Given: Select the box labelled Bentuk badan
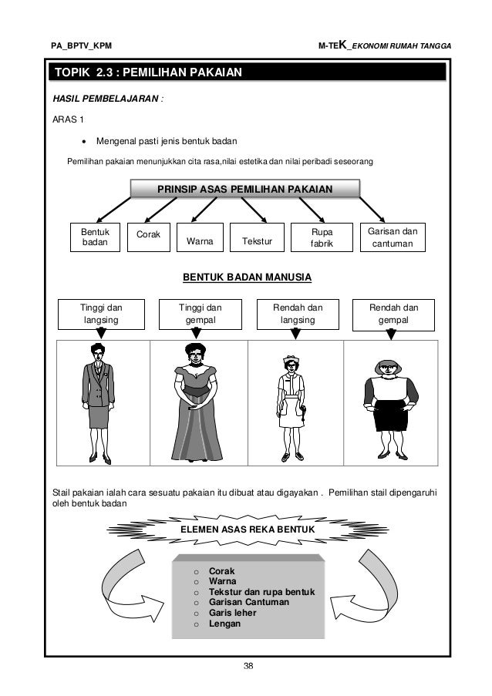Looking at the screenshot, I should pyautogui.click(x=95, y=237).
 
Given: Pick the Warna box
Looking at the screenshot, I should pyautogui.click(x=198, y=240).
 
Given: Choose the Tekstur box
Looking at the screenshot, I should pyautogui.click(x=258, y=240).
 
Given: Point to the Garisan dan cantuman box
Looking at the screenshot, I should pyautogui.click(x=391, y=237).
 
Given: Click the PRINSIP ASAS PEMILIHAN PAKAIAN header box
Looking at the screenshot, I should pyautogui.click(x=244, y=190).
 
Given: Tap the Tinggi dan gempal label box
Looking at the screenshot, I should pyautogui.click(x=196, y=313).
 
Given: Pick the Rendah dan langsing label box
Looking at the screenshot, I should pyautogui.click(x=297, y=313).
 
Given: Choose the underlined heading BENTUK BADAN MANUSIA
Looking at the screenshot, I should pyautogui.click(x=246, y=277).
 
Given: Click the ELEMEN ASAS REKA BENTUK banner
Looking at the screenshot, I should pyautogui.click(x=245, y=530).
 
